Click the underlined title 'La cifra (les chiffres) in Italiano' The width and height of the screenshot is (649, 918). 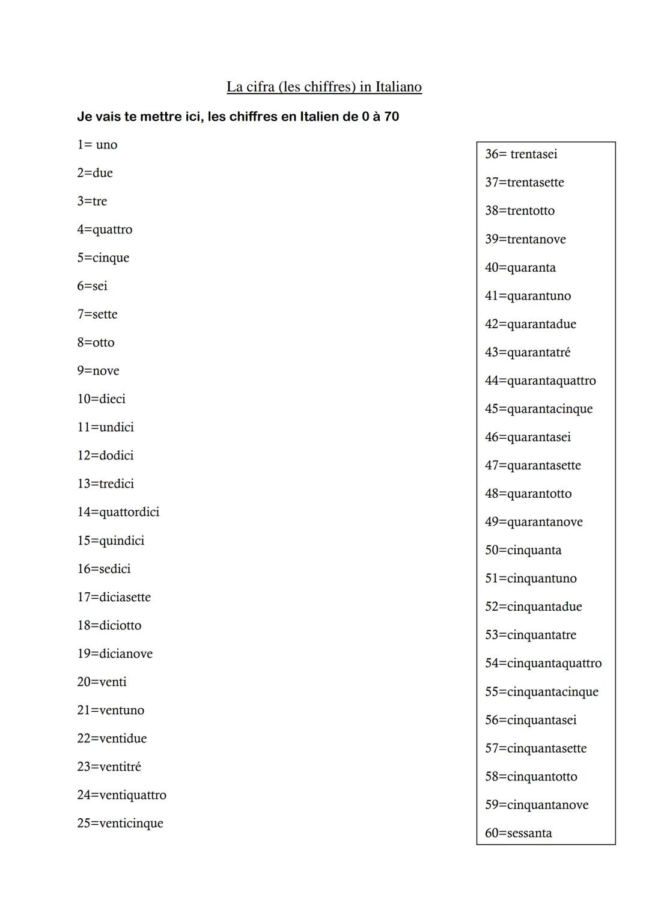click(324, 87)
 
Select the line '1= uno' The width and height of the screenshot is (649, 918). click(97, 145)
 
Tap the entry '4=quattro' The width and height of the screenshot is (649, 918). click(105, 230)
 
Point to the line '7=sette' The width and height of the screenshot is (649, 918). click(97, 314)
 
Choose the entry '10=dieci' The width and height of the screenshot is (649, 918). click(101, 399)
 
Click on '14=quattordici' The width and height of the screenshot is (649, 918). click(118, 512)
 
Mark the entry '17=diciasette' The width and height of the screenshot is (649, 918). click(114, 597)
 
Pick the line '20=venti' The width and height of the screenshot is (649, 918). click(102, 682)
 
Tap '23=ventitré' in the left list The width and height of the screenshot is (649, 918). click(109, 767)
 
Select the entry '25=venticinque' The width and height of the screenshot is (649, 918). click(120, 823)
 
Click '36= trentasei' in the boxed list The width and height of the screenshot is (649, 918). click(521, 155)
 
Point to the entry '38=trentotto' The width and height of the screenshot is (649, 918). click(520, 211)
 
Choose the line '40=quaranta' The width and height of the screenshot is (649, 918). click(520, 268)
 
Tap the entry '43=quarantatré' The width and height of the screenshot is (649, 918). click(528, 352)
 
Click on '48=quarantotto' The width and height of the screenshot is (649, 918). click(528, 494)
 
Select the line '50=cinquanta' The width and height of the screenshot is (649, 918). click(523, 550)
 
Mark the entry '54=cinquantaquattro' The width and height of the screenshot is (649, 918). click(543, 663)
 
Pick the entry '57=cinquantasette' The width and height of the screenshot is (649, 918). click(535, 748)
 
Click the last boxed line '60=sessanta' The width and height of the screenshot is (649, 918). click(518, 833)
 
